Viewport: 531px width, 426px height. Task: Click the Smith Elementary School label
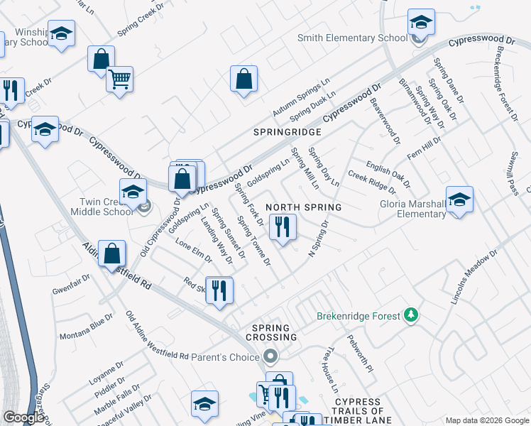[x=353, y=38]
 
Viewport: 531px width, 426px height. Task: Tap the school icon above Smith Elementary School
[x=421, y=23]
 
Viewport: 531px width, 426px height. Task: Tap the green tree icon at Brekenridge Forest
[x=410, y=314]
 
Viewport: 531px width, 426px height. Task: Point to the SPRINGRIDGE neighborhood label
[x=288, y=132]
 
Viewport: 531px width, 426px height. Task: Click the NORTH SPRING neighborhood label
[x=304, y=207]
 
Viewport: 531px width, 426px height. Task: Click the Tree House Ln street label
[x=331, y=370]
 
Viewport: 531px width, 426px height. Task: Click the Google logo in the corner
[x=23, y=417]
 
